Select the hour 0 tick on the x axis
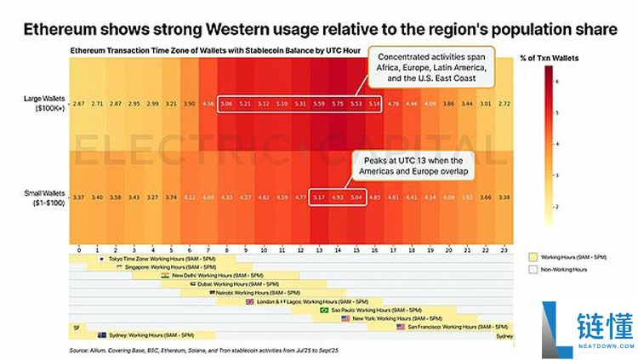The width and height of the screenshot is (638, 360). pyautogui.click(x=78, y=251)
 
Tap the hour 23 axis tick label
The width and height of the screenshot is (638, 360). pyautogui.click(x=504, y=251)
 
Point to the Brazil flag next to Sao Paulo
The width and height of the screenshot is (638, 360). pyautogui.click(x=323, y=310)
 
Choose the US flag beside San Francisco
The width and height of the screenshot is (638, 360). pyautogui.click(x=402, y=327)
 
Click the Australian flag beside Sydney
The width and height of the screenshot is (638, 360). pyautogui.click(x=102, y=335)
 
